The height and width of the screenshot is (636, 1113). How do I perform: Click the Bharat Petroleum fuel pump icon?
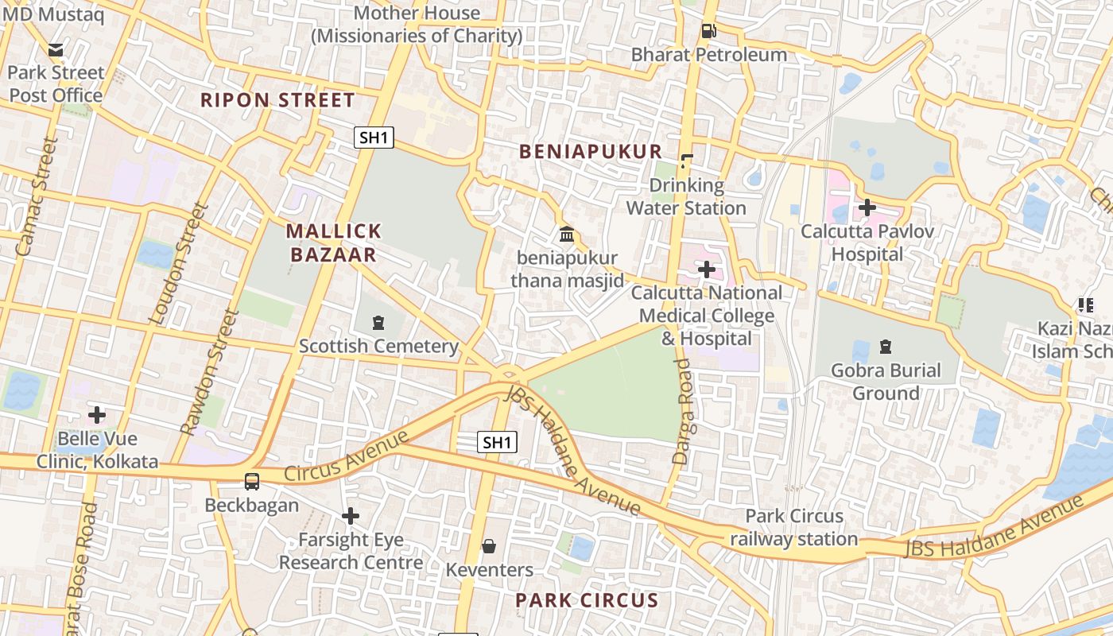tap(708, 31)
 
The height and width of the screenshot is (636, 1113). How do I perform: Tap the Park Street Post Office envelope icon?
tap(56, 50)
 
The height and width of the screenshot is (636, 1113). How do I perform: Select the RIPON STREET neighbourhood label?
tap(277, 100)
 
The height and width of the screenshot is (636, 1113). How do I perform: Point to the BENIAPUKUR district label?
tap(590, 152)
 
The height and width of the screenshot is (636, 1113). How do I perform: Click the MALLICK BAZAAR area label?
tap(334, 242)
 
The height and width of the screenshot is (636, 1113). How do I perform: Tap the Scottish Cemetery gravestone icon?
tap(378, 323)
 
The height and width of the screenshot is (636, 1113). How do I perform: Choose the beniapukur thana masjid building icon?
tap(567, 235)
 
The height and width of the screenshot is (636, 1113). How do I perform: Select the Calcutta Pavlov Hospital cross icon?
tap(867, 207)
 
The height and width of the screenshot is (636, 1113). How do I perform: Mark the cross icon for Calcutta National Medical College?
tap(706, 270)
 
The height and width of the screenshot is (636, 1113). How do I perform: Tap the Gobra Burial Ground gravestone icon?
tap(886, 347)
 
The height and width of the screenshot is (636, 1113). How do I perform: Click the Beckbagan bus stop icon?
tap(252, 482)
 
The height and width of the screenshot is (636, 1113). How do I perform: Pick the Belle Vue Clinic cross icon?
tap(97, 415)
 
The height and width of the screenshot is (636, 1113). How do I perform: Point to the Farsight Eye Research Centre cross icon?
tap(350, 517)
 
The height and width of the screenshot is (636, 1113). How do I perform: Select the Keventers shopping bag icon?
tap(489, 546)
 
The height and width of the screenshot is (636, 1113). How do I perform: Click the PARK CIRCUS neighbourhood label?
tap(587, 600)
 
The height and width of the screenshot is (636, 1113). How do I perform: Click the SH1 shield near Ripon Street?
tap(374, 138)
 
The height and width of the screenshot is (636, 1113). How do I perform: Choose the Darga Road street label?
tap(683, 411)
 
